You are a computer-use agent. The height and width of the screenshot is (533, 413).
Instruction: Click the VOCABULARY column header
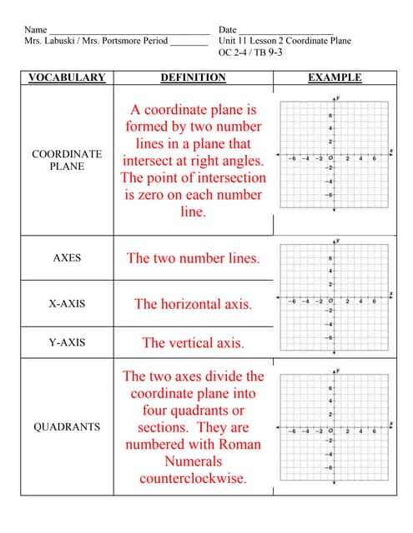click(x=67, y=77)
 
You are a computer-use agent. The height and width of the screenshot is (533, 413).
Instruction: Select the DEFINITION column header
click(x=193, y=77)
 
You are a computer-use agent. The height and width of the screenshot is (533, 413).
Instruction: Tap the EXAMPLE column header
click(x=335, y=77)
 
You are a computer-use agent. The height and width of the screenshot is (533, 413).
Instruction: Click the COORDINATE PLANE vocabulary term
click(x=67, y=160)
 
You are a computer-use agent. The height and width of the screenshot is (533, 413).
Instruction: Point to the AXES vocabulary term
click(x=67, y=258)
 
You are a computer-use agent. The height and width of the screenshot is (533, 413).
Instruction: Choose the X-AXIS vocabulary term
click(x=67, y=304)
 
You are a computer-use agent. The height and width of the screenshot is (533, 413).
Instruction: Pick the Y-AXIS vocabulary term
click(x=67, y=342)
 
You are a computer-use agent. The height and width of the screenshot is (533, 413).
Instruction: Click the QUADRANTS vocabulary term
click(x=67, y=427)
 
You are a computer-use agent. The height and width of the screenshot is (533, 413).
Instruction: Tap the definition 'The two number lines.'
click(x=193, y=258)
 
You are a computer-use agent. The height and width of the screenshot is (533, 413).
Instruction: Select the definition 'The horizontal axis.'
click(x=193, y=304)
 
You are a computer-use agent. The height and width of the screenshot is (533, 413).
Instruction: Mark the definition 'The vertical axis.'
click(x=193, y=342)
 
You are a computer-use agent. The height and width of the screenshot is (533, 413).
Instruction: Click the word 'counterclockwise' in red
click(x=193, y=478)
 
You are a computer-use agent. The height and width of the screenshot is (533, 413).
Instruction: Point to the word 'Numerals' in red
click(x=193, y=461)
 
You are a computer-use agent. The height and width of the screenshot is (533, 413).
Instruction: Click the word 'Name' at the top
click(x=36, y=29)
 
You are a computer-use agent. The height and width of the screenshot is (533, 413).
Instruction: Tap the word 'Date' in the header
click(x=228, y=29)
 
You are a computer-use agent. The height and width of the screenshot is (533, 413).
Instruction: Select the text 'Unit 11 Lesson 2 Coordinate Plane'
click(x=285, y=40)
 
